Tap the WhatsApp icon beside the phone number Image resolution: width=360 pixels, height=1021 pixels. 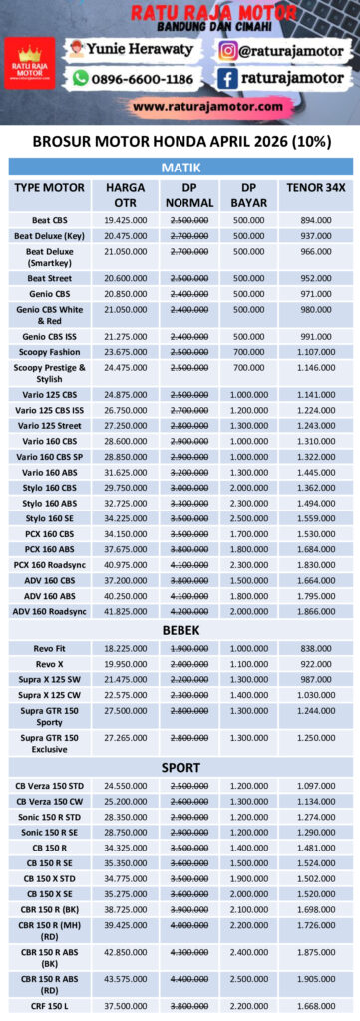point(80,78)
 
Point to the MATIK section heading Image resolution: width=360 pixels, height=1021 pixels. point(180,167)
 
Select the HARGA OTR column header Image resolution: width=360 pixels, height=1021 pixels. point(125,194)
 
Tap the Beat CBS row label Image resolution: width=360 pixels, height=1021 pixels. point(50,219)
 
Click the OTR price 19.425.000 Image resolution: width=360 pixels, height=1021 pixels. point(125,219)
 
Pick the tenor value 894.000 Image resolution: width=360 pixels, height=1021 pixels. point(315,219)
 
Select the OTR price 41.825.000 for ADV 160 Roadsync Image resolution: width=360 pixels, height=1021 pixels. point(125,611)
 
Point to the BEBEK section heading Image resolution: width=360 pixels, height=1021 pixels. point(180,630)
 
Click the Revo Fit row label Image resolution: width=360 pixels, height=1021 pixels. point(50,648)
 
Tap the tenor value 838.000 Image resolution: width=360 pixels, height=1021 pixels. point(315,648)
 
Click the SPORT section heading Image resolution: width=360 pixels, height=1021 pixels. point(180,768)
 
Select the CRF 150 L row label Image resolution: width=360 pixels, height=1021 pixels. point(50,1005)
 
